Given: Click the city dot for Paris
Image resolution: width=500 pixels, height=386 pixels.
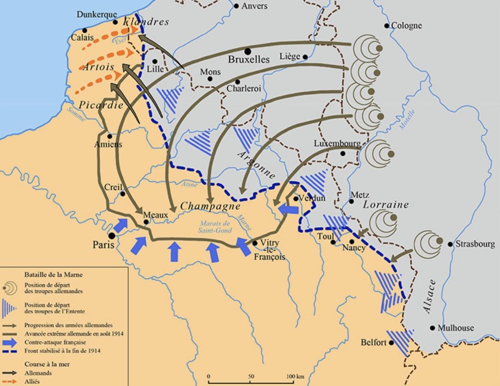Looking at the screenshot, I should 112,236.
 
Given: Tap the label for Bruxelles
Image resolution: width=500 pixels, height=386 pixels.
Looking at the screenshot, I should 249,60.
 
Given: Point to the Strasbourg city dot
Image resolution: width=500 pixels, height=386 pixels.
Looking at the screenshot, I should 450,244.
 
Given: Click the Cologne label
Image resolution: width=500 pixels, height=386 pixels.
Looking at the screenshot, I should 406,26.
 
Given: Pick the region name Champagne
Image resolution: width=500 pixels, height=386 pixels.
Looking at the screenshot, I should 210,206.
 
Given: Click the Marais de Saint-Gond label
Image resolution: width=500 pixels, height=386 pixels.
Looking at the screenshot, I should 215,227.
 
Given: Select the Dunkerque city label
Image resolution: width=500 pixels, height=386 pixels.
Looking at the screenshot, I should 97,15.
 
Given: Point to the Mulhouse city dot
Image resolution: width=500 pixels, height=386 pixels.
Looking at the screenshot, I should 433,328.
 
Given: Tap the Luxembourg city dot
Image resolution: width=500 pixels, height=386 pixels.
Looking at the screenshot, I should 342,153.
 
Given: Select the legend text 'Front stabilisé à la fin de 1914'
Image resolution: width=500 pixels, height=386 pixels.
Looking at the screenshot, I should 62,351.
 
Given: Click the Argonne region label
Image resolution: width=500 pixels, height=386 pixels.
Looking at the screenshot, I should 257,164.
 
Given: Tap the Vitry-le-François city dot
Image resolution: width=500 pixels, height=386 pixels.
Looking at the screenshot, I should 255,243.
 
